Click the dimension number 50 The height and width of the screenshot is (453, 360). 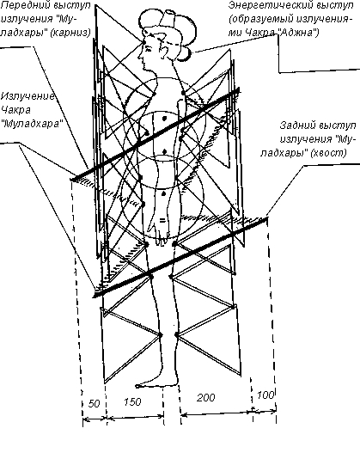(x=95, y=403)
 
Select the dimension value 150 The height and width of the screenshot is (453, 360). (x=132, y=402)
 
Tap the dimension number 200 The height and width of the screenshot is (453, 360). (x=206, y=397)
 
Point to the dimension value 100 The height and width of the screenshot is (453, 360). (x=265, y=395)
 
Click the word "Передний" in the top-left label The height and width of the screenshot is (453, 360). (x=26, y=5)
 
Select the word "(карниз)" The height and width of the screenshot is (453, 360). (x=70, y=33)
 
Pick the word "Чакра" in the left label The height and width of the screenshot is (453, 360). (x=15, y=110)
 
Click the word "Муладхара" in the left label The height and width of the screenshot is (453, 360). (x=32, y=124)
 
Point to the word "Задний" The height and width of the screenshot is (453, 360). (x=296, y=125)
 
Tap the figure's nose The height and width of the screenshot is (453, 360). (x=139, y=56)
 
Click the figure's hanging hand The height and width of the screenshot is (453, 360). (x=158, y=229)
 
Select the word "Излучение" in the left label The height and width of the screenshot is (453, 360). (x=28, y=97)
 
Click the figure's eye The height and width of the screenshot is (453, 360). (x=149, y=49)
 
